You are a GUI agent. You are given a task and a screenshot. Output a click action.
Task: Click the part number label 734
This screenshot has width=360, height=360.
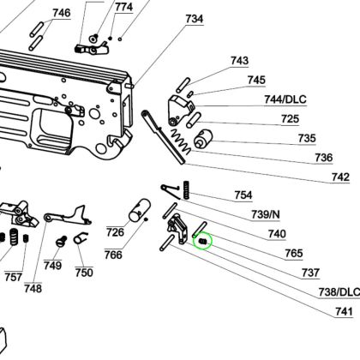(x=195, y=19)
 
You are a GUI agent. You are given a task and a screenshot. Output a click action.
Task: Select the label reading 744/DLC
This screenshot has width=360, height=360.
(x=285, y=99)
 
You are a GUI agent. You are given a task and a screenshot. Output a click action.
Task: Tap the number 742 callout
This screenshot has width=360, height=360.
(x=340, y=177)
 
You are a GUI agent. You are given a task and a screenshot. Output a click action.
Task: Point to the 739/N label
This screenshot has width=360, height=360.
(x=266, y=214)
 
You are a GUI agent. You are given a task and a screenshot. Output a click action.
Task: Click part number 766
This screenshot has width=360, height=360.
(x=113, y=255)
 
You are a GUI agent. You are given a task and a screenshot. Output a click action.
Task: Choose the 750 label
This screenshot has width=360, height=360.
(x=84, y=273)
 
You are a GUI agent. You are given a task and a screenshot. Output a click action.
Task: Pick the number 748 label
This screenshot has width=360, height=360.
(x=33, y=288)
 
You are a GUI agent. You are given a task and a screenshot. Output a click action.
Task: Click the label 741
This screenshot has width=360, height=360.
(x=344, y=311)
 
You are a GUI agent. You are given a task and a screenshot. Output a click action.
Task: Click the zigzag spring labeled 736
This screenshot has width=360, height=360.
(x=180, y=141)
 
